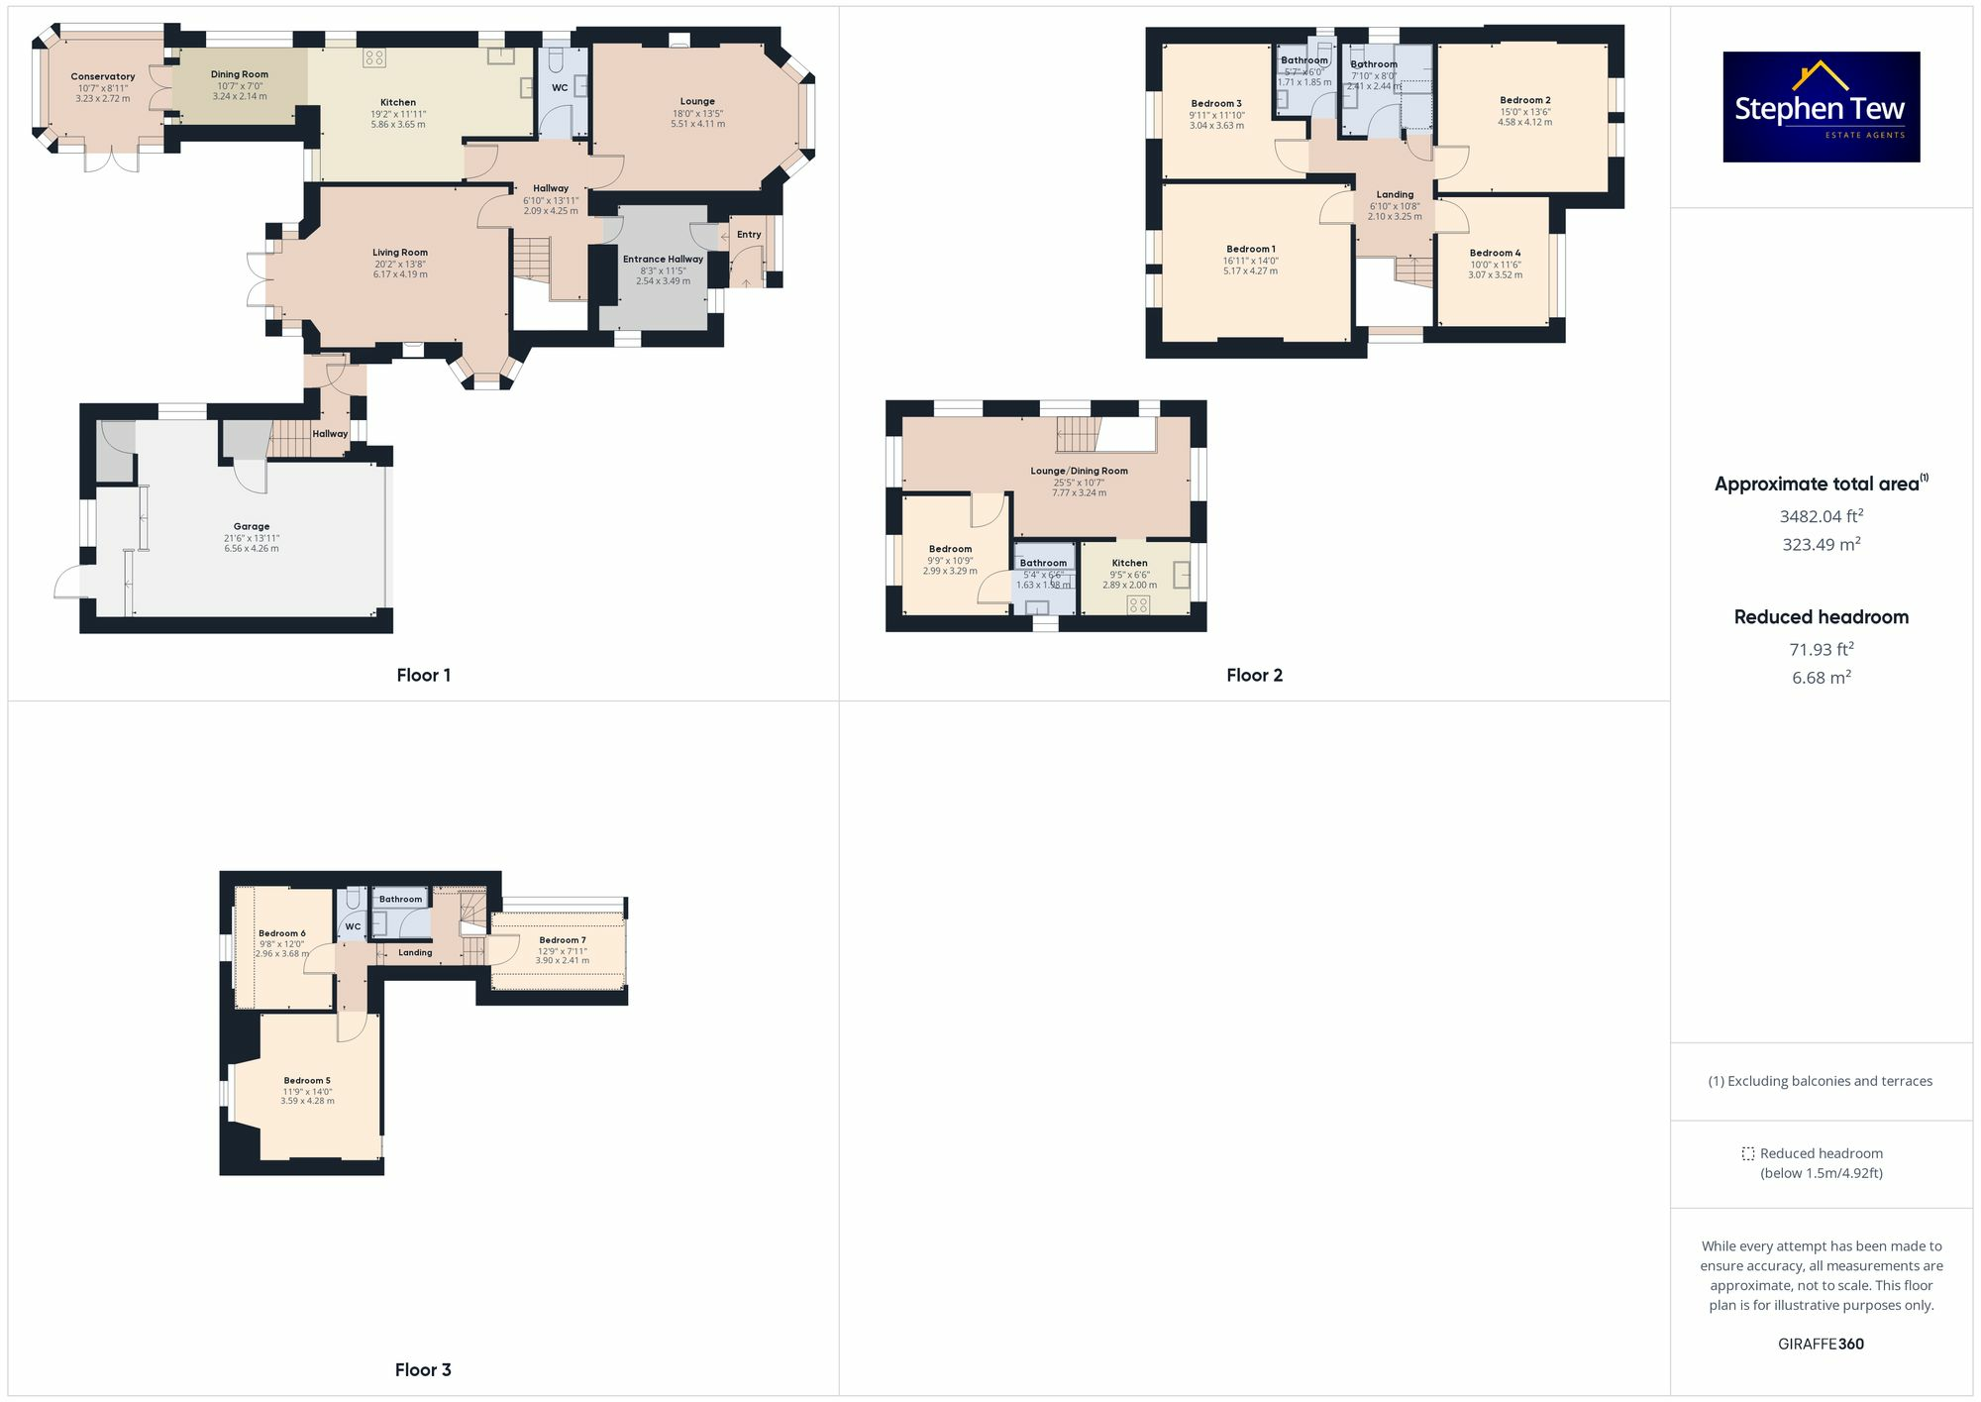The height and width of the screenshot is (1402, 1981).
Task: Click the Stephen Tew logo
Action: click(x=1821, y=107)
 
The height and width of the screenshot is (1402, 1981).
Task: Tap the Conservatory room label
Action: click(x=103, y=76)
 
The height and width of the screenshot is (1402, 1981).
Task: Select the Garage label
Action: click(x=252, y=526)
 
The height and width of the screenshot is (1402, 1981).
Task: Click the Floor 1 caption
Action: click(x=423, y=675)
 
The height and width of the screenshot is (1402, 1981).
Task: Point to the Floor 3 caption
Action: click(x=423, y=1369)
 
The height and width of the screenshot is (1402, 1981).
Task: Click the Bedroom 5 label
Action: click(x=307, y=1080)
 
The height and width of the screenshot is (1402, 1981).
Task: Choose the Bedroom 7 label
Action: click(x=563, y=939)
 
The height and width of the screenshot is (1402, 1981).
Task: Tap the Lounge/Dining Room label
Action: click(x=1079, y=471)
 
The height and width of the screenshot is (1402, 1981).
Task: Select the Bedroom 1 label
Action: click(x=1251, y=249)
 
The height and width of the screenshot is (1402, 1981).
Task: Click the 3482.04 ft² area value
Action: click(x=1821, y=515)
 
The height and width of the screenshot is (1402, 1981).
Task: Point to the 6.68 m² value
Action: click(x=1821, y=678)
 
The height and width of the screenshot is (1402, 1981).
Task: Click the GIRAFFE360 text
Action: click(x=1821, y=1344)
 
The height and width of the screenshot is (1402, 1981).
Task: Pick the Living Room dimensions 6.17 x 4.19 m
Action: click(x=400, y=274)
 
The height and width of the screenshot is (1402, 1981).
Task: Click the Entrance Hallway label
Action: click(x=663, y=259)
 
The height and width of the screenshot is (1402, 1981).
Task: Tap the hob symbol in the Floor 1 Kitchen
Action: click(x=373, y=57)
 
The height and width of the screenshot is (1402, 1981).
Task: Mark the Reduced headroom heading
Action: click(x=1821, y=616)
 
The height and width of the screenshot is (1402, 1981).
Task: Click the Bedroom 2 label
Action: click(x=1524, y=100)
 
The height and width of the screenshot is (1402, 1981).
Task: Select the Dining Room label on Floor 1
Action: click(x=240, y=74)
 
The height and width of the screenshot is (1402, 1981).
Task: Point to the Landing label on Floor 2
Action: click(x=1395, y=194)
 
